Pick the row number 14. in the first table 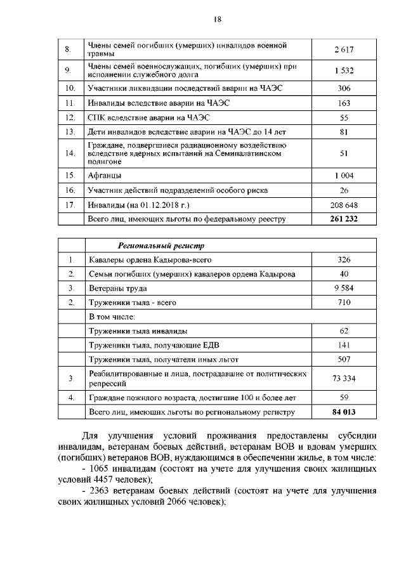click(70, 153)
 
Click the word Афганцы click(105, 175)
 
